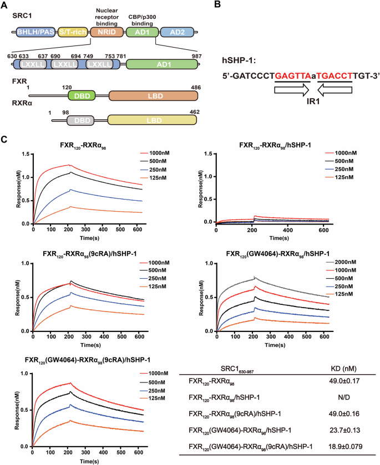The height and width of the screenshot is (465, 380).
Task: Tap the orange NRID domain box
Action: (x=104, y=33)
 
